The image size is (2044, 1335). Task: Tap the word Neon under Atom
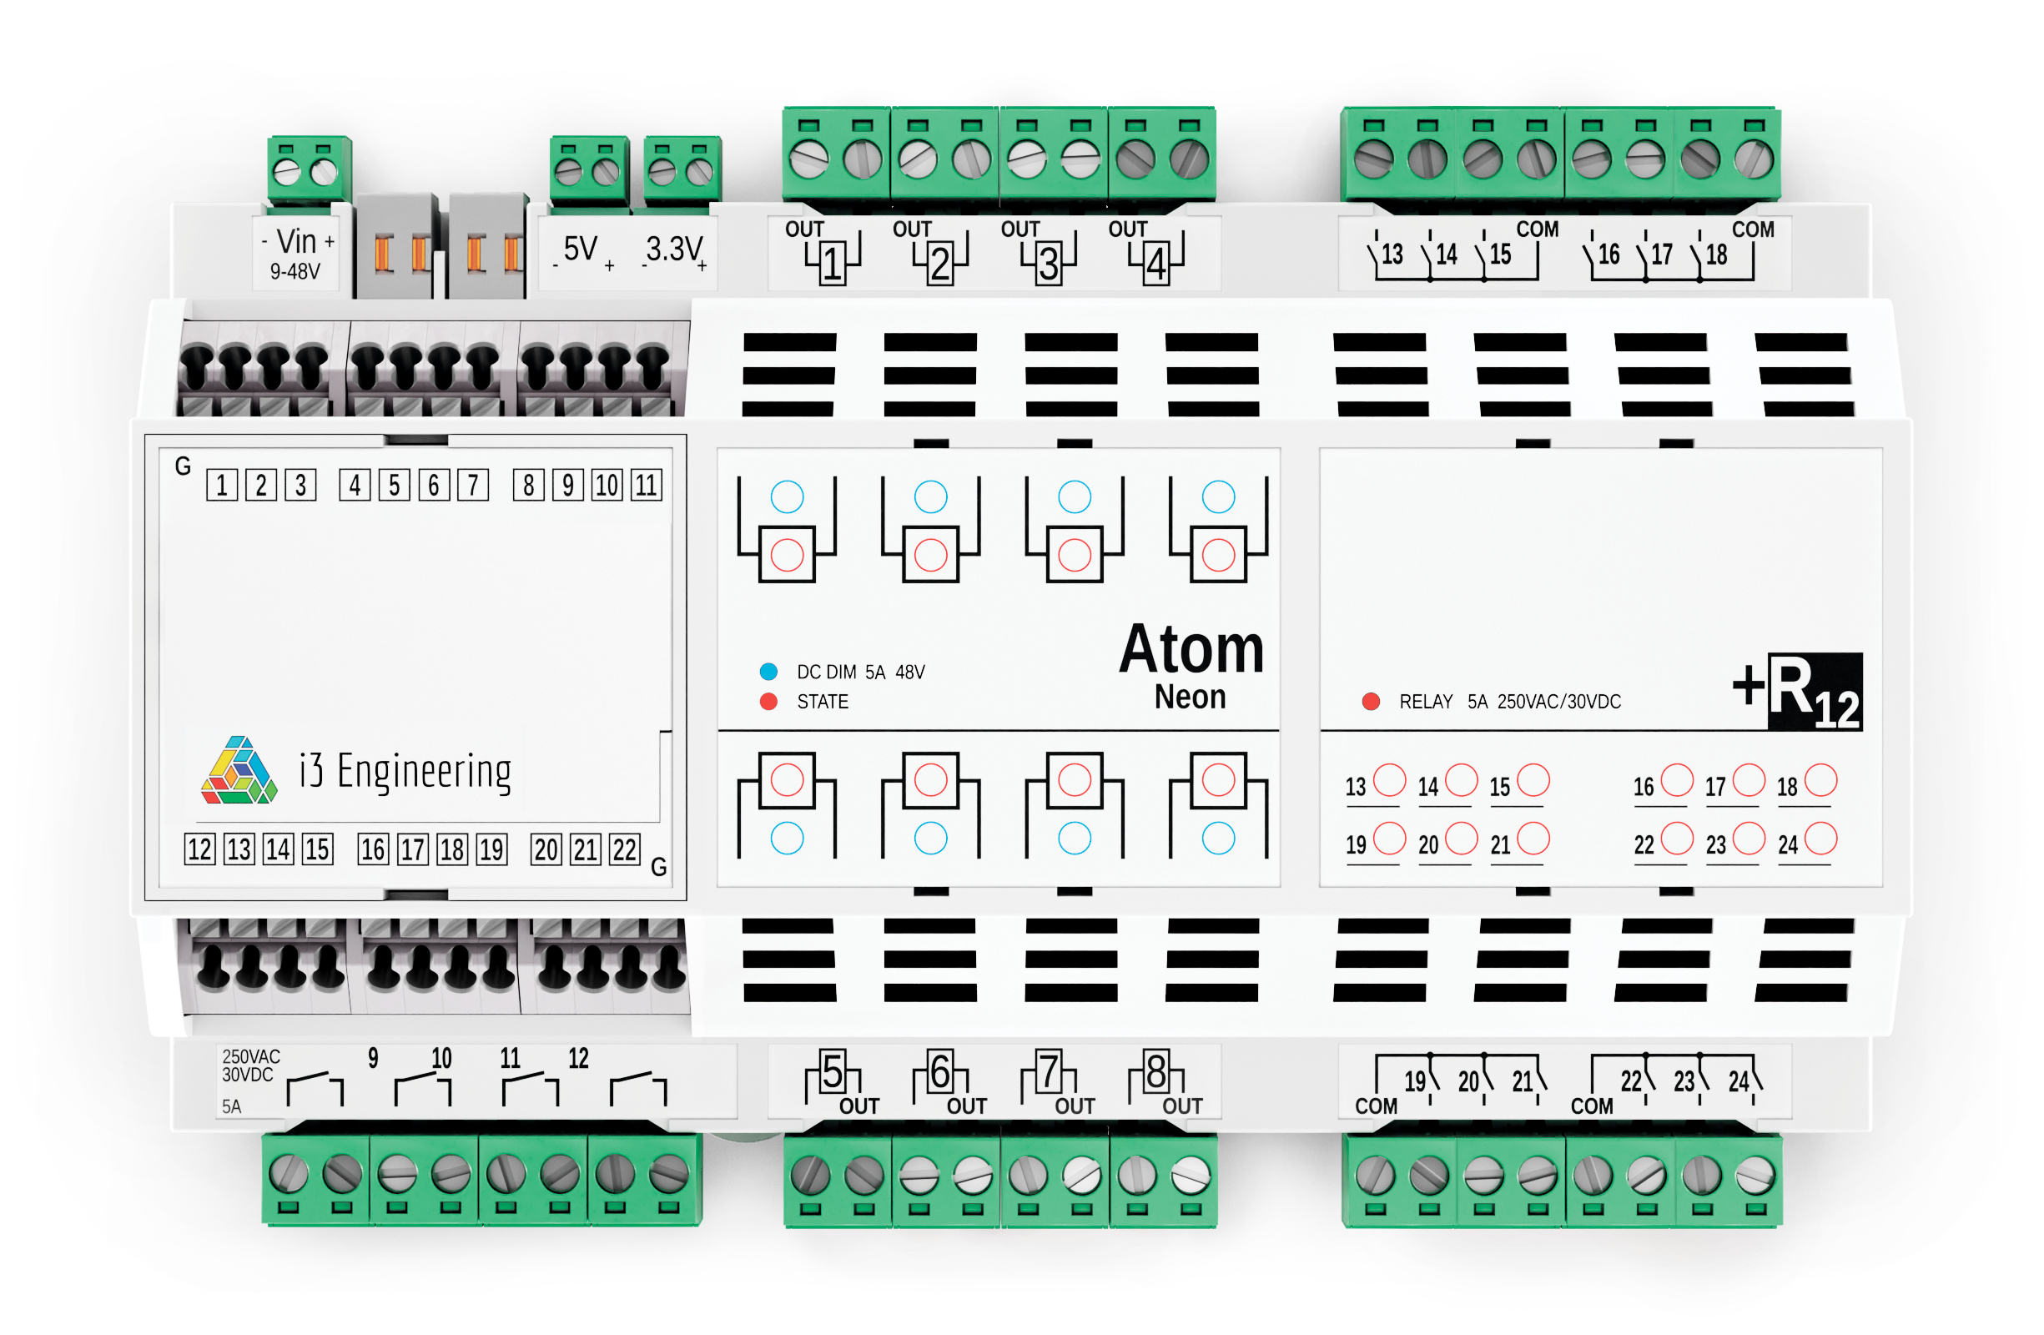1190,697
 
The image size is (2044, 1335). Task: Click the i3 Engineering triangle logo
239,771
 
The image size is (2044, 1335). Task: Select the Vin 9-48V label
297,254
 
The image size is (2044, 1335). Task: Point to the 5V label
581,250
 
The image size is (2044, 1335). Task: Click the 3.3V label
674,250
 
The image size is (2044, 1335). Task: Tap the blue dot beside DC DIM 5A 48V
768,672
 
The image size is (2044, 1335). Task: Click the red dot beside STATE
768,702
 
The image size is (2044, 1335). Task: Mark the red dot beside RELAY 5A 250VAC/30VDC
1371,702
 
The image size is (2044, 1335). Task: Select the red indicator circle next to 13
1389,780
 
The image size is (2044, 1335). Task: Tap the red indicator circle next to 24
1820,839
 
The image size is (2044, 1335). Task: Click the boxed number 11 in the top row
646,486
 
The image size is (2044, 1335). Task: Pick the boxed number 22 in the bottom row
624,849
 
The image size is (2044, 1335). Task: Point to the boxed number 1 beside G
222,486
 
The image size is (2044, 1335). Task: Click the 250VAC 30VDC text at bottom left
251,1065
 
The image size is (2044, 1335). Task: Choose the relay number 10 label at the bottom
441,1058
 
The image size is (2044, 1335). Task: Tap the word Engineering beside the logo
424,772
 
